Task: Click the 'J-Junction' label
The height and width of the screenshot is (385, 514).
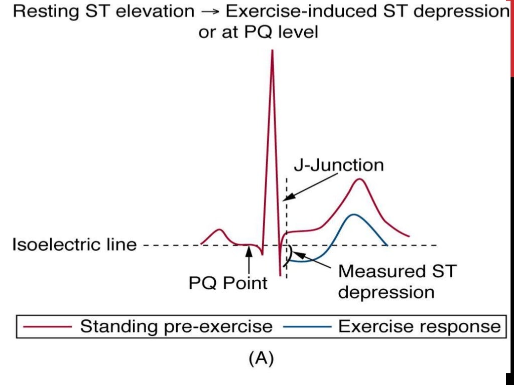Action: [338, 165]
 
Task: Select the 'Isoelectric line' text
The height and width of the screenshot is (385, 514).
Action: [74, 245]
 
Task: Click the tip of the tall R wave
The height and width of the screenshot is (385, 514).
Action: [272, 51]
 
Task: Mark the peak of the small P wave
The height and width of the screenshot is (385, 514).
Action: [219, 229]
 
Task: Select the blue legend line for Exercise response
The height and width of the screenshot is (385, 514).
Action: [307, 327]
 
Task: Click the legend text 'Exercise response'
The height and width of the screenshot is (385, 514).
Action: [419, 327]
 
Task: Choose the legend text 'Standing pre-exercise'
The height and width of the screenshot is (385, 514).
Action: [176, 327]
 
